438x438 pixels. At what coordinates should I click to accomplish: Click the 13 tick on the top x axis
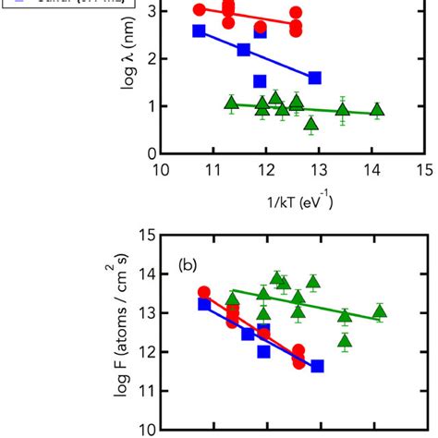(319, 153)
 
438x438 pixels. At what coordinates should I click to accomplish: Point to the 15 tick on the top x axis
(425, 153)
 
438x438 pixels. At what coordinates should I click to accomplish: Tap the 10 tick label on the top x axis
(160, 170)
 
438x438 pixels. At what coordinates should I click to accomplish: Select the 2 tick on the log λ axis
(160, 59)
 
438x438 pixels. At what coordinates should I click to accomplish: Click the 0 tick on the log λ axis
(160, 153)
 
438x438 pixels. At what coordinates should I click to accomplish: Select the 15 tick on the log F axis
(160, 235)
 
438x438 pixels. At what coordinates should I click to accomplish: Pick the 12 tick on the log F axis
(160, 351)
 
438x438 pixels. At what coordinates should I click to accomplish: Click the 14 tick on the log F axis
(160, 274)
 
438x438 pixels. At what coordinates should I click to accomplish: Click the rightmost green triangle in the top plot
(377, 110)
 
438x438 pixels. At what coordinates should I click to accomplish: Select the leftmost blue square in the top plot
(199, 31)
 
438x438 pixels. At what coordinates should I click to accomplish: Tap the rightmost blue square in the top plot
(314, 79)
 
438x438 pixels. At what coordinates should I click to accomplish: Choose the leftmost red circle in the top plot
(200, 9)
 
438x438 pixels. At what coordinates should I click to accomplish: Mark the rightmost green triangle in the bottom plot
(379, 311)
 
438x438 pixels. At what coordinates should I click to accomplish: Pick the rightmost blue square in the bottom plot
(317, 366)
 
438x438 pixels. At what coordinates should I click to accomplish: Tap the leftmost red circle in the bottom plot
(204, 293)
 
